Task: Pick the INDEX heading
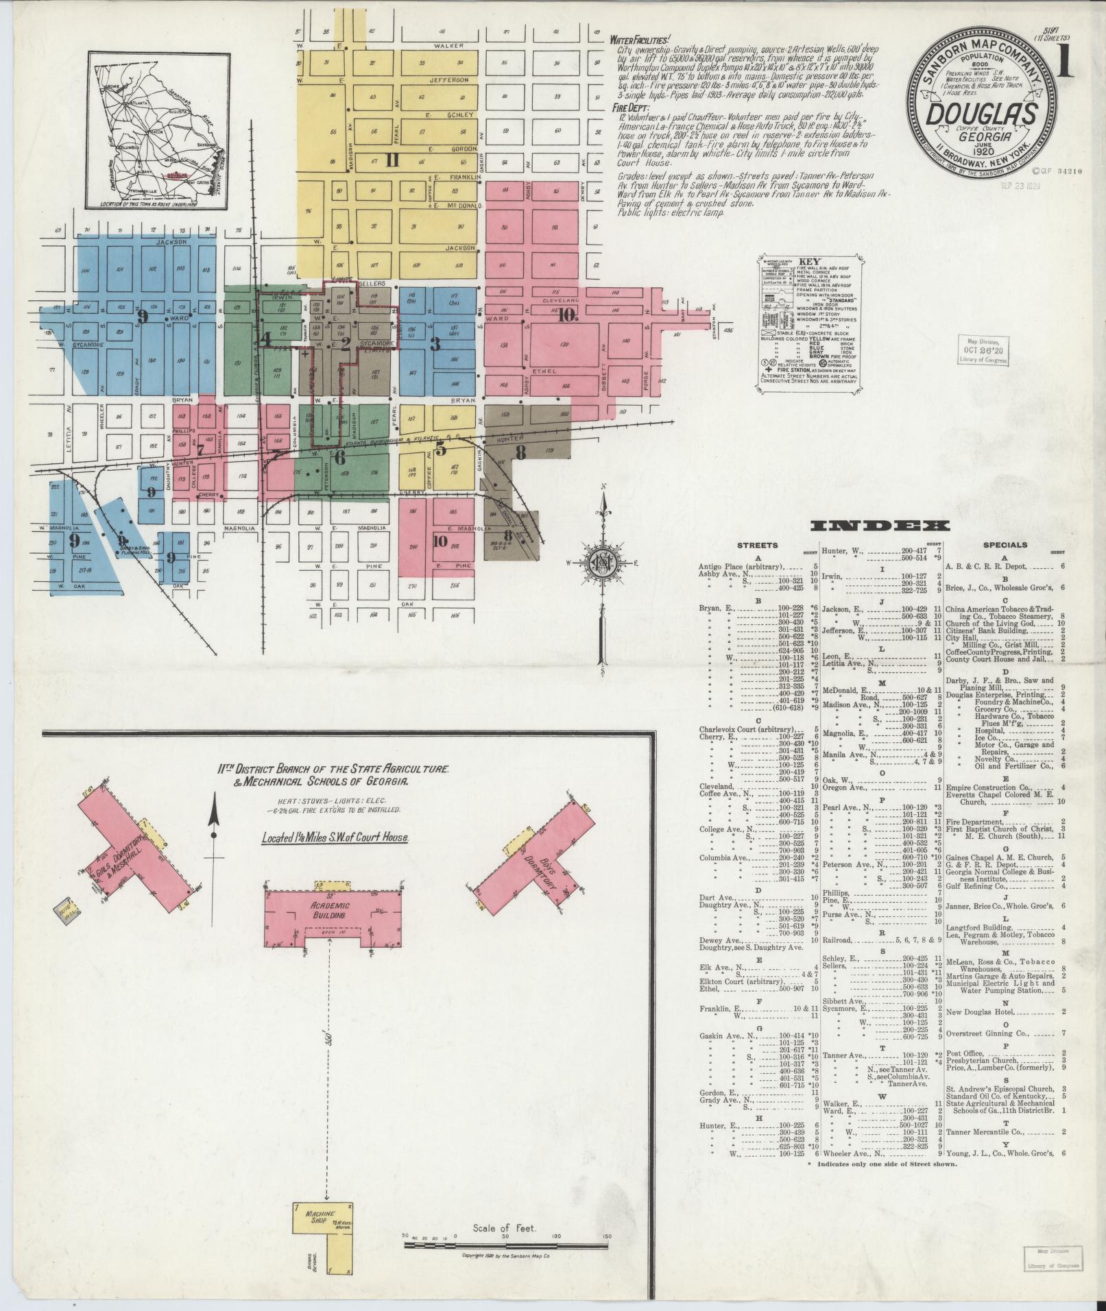(x=880, y=526)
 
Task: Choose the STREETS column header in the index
(x=756, y=545)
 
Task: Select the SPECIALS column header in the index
(x=1005, y=545)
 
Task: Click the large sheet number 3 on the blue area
(x=435, y=343)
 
